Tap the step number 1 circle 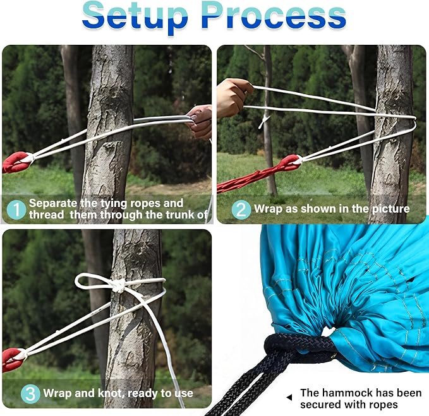click(16, 210)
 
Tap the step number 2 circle click(241, 210)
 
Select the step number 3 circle click(30, 394)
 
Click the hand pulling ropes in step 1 click(200, 122)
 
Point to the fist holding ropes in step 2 click(233, 97)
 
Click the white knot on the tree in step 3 click(119, 285)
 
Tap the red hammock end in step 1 click(17, 162)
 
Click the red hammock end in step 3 click(15, 359)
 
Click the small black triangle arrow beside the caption click(289, 398)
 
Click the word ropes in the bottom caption click(382, 405)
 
